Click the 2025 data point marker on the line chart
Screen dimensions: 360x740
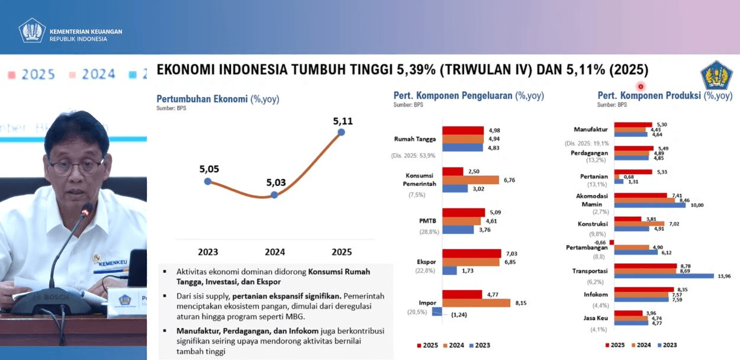[341, 133]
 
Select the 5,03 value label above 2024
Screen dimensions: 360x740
[275, 182]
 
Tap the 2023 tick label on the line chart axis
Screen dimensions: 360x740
[208, 252]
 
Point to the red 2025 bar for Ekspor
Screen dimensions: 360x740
[471, 253]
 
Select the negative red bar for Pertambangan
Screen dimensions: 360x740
[612, 242]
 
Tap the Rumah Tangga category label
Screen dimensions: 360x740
[415, 139]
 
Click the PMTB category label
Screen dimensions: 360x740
[427, 221]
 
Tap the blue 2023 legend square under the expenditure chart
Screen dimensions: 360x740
[471, 345]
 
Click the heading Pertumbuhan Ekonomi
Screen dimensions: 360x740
[202, 99]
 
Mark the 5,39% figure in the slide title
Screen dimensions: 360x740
[415, 70]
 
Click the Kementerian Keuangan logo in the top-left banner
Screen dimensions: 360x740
[32, 30]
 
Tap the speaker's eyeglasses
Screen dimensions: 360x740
[75, 166]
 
